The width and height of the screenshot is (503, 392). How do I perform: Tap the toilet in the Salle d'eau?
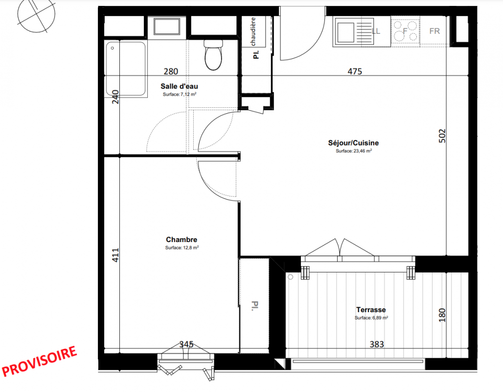coord(213,55)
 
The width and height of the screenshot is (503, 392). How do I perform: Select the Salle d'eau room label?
coord(179,86)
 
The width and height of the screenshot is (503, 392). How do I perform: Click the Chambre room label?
coord(182,240)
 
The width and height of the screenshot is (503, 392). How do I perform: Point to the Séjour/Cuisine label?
coord(353,143)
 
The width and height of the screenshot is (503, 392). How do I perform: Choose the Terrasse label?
coord(371,310)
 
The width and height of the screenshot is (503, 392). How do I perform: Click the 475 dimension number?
coord(355,72)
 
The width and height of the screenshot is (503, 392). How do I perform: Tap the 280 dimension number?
coord(171,72)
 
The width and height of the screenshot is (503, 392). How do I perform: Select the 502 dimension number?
coord(442,136)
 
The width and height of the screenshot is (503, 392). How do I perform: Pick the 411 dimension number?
coord(115,255)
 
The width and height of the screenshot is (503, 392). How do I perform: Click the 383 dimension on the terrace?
coord(377,344)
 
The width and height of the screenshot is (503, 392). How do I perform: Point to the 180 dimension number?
coord(442,315)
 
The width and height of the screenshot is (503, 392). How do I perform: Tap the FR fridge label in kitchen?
coord(434,31)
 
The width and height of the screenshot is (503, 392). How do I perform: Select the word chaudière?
coord(253,31)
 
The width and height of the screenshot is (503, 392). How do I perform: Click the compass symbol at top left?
coord(36,14)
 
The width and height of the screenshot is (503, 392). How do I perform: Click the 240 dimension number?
coord(115,97)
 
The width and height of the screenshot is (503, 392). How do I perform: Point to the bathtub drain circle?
coord(112,48)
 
